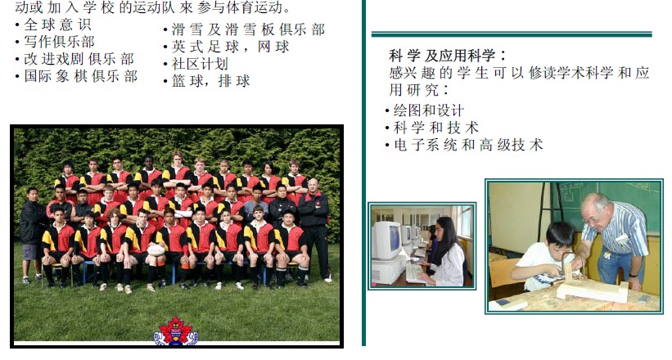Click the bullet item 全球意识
pyautogui.click(x=57, y=25)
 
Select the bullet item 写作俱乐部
pyautogui.click(x=59, y=42)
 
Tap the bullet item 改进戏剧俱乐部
pyautogui.click(x=79, y=59)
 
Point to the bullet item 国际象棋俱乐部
pyautogui.click(x=80, y=76)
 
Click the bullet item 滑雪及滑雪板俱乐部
pyautogui.click(x=248, y=29)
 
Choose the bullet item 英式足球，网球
pyautogui.click(x=231, y=47)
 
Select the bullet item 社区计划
pyautogui.click(x=200, y=64)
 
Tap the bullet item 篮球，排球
pyautogui.click(x=211, y=81)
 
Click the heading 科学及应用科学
pyautogui.click(x=448, y=56)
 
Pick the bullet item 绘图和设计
pyautogui.click(x=429, y=110)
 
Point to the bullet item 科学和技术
pyautogui.click(x=435, y=128)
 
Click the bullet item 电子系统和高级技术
pyautogui.click(x=468, y=145)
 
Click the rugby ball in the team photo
pyautogui.click(x=156, y=250)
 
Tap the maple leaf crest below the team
pyautogui.click(x=176, y=331)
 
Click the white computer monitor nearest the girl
pyautogui.click(x=386, y=241)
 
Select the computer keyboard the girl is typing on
pyautogui.click(x=414, y=273)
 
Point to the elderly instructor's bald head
pyautogui.click(x=593, y=203)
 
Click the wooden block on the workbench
pyautogui.click(x=593, y=290)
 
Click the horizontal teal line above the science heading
pyautogui.click(x=512, y=34)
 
